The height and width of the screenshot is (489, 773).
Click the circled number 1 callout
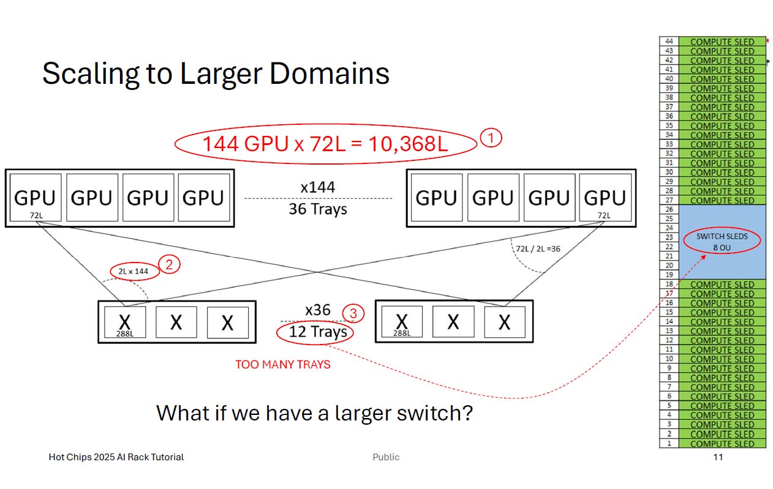coord(491,138)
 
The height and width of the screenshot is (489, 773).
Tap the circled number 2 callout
coord(169,264)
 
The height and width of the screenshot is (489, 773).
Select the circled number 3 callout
coord(353,313)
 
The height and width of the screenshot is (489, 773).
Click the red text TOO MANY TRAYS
coord(283,365)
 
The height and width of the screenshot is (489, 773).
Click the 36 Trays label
coord(318,209)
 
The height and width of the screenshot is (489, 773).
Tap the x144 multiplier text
coord(318,187)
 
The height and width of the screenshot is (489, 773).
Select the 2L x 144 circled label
coord(135,271)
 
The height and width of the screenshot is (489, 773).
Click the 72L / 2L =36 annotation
coord(538,248)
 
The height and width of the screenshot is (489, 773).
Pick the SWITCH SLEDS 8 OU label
coord(722,242)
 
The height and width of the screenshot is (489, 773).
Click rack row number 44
coord(669,42)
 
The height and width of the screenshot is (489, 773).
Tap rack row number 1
coord(669,443)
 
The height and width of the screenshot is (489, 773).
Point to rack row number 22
coord(669,247)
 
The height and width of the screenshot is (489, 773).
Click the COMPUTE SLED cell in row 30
coord(722,173)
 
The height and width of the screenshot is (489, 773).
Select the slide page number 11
coord(718,457)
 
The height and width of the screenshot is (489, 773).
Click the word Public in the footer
coord(386,457)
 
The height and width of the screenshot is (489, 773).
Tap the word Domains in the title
coord(329,73)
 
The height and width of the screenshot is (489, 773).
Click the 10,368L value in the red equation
coord(408,144)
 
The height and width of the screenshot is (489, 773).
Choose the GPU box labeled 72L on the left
coord(36,198)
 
